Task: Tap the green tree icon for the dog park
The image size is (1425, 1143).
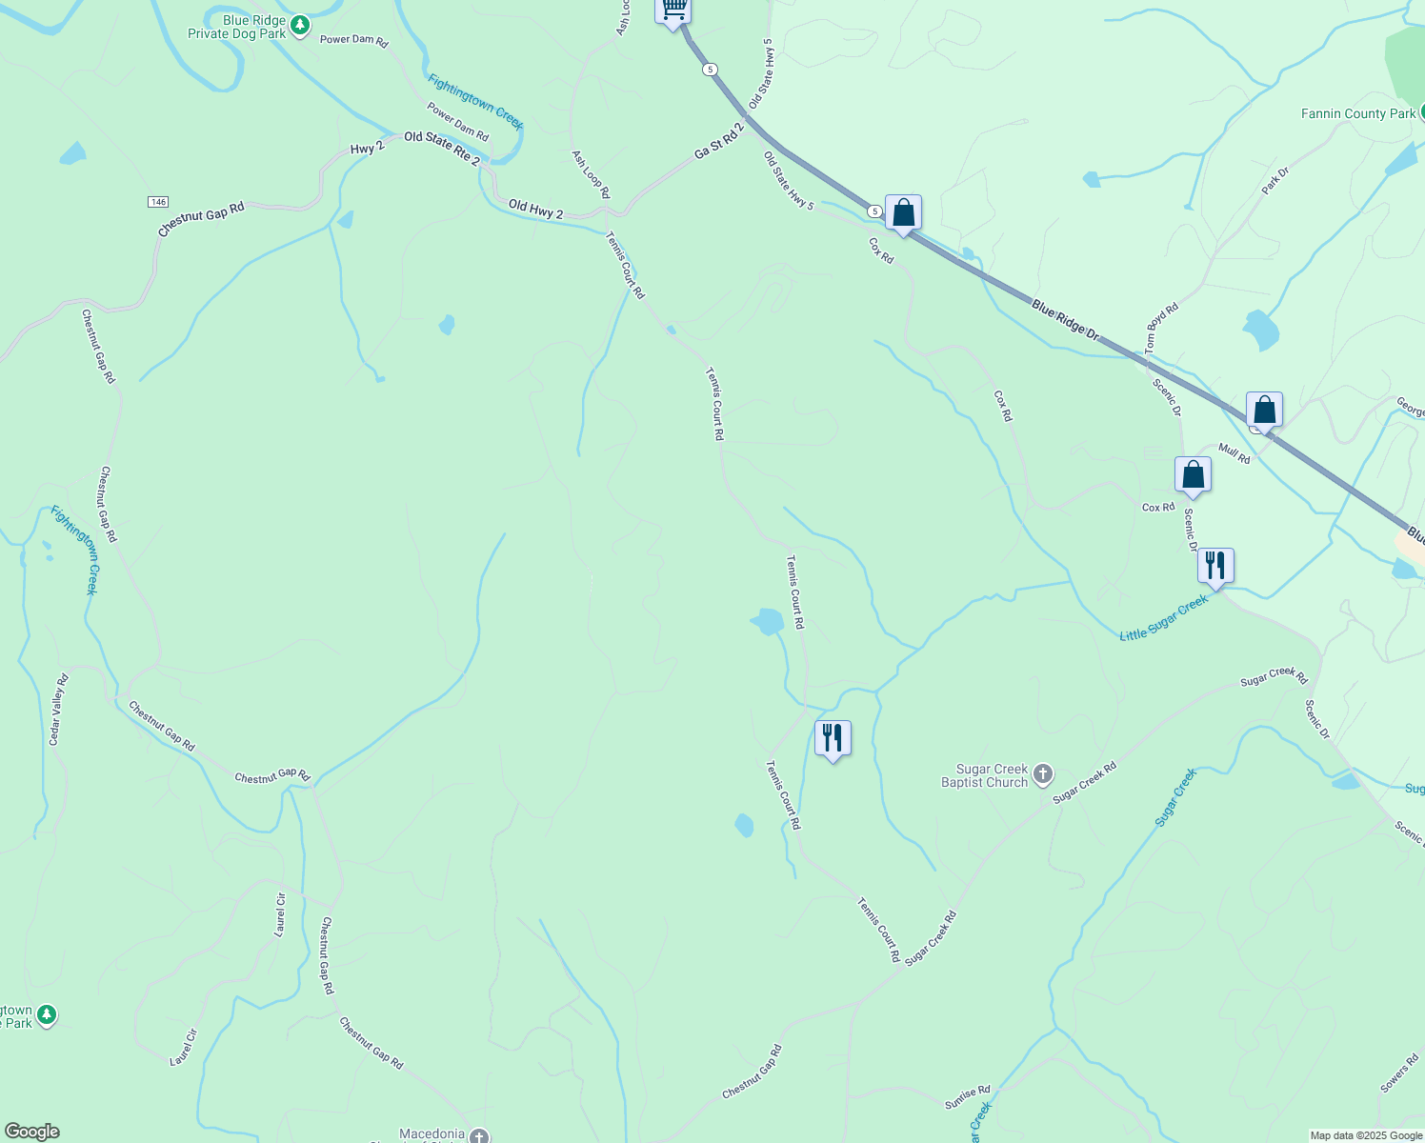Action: tap(300, 25)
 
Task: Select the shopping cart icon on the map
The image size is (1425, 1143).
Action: tap(673, 10)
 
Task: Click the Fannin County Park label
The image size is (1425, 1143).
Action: tap(1358, 113)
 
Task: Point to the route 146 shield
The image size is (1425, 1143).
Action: tap(158, 202)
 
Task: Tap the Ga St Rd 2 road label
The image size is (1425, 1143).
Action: tap(718, 140)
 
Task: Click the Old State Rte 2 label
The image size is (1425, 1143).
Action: tap(442, 149)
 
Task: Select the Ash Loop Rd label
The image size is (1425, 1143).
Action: tap(590, 173)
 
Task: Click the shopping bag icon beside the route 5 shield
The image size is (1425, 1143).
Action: tap(903, 213)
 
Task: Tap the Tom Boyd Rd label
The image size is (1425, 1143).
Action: tap(1162, 328)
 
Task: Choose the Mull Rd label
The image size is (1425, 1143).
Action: tap(1234, 453)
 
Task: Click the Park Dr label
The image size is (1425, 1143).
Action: tap(1275, 180)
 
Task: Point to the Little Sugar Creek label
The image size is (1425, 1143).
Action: tap(1164, 618)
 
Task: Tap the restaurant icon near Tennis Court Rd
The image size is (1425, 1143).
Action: tap(833, 738)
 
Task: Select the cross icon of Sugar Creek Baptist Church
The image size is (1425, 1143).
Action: tap(1043, 773)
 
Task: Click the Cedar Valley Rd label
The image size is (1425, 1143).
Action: tap(59, 710)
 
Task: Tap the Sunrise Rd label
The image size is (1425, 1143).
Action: tap(967, 1097)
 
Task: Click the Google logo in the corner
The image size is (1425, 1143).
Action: tap(31, 1132)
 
